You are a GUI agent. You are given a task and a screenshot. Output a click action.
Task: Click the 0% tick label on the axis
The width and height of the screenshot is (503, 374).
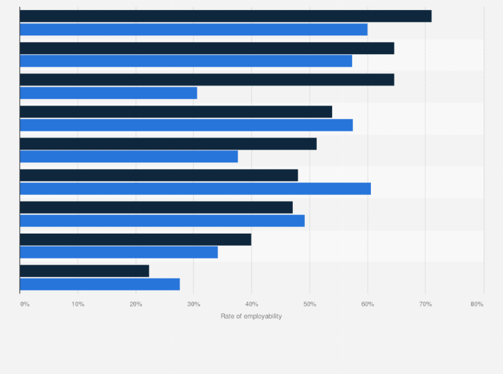pos(25,304)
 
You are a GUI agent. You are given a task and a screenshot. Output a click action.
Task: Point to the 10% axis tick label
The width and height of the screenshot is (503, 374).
pos(78,304)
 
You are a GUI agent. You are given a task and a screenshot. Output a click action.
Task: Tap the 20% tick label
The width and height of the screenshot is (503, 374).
pos(136,304)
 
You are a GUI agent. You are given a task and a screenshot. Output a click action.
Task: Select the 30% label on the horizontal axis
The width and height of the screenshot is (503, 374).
pos(193,304)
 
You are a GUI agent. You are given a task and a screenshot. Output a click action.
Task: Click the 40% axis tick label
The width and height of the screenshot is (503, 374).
pos(251,304)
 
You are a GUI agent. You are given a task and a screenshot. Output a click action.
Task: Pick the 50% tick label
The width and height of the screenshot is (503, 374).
pos(310,304)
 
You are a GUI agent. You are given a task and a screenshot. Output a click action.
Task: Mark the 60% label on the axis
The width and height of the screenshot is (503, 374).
pos(368,304)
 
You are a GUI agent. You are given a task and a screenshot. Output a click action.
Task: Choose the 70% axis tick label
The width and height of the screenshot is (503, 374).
pos(426,304)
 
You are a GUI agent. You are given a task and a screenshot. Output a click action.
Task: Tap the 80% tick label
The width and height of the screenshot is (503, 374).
pos(476,304)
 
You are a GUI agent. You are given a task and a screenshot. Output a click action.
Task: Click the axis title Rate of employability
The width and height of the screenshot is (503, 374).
pos(251,316)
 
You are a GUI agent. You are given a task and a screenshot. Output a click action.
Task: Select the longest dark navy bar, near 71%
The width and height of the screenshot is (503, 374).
pos(225,16)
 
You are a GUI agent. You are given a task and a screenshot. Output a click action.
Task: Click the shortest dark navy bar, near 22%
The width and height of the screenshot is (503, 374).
pos(85,270)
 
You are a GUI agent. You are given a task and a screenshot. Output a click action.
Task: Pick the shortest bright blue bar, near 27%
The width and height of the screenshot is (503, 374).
pos(100,284)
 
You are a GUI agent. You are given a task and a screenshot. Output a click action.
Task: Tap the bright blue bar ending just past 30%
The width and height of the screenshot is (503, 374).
pos(109,93)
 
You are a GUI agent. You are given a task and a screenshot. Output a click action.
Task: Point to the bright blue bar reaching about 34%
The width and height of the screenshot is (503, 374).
pos(119,252)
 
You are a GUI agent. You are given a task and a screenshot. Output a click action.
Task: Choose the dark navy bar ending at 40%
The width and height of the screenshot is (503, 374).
pos(135,239)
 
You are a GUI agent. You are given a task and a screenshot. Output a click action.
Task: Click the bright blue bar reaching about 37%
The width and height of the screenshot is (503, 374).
pos(129,156)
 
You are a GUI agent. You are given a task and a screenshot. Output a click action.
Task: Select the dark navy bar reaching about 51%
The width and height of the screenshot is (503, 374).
pos(168,144)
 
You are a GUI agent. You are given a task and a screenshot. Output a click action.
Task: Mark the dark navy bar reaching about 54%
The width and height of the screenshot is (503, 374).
pos(176,112)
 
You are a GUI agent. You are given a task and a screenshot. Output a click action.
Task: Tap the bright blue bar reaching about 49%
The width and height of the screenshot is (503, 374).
pos(162,220)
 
